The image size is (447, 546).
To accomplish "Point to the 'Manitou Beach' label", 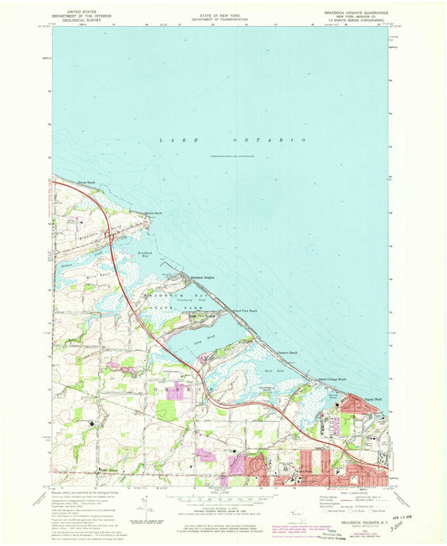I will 152,214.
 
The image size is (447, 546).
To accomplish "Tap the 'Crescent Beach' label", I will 288,353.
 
